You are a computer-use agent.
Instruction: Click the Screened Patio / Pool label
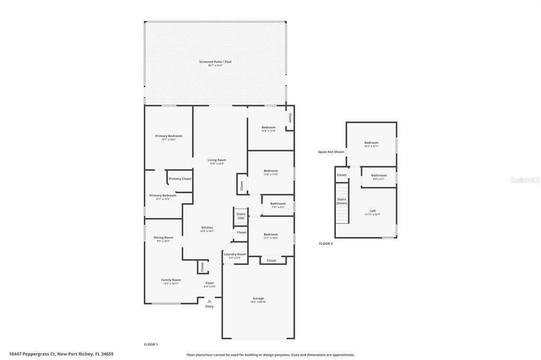click(x=215, y=62)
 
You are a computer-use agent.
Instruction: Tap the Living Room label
click(x=217, y=160)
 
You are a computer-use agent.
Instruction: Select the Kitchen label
click(x=207, y=228)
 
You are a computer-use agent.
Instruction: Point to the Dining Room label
click(x=163, y=238)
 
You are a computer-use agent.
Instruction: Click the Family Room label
click(x=171, y=280)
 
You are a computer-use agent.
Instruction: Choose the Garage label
click(x=258, y=298)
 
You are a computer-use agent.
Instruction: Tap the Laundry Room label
click(x=235, y=254)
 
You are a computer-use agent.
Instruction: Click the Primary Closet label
click(x=180, y=179)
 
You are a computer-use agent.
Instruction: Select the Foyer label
click(x=210, y=283)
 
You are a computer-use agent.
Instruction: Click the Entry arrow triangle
click(x=209, y=301)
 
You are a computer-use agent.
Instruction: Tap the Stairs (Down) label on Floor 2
click(x=342, y=201)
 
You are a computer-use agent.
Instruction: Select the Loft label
click(x=372, y=211)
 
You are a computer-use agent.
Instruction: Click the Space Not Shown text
click(x=331, y=152)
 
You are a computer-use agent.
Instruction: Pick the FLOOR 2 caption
click(x=326, y=244)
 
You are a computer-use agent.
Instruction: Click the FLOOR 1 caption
click(x=151, y=344)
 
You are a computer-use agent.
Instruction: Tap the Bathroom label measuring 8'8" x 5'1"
click(x=379, y=175)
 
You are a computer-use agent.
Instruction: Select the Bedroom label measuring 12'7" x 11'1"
click(x=371, y=143)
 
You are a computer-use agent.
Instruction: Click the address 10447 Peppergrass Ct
click(x=32, y=354)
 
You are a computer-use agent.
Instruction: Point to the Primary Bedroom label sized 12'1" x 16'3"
click(x=169, y=136)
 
